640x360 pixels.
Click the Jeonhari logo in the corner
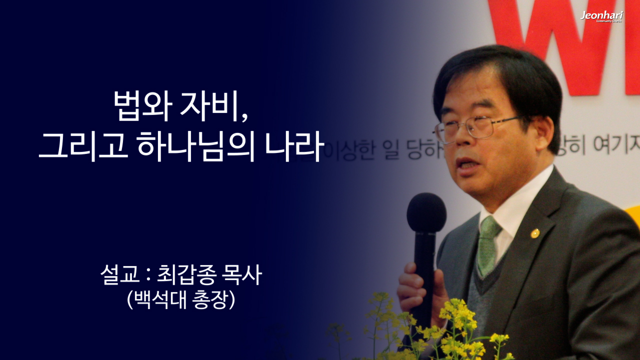601,16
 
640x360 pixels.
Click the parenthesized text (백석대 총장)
181,300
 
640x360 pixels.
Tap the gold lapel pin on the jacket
534,233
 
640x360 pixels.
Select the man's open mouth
467,164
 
